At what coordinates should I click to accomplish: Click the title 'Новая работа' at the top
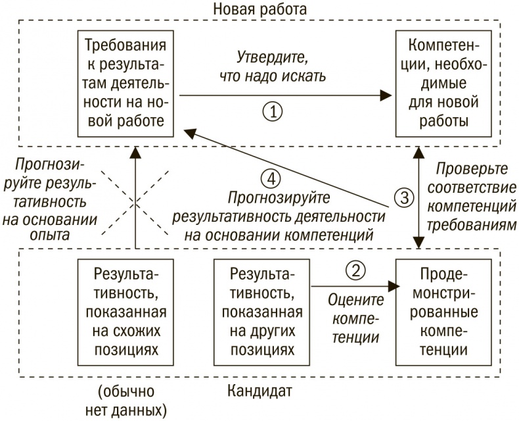point(261,10)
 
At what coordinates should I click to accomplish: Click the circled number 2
point(355,270)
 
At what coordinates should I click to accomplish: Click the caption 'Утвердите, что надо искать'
point(271,66)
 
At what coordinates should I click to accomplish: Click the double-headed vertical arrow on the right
point(417,197)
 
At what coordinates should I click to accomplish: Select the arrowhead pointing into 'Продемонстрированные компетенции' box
point(394,286)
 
